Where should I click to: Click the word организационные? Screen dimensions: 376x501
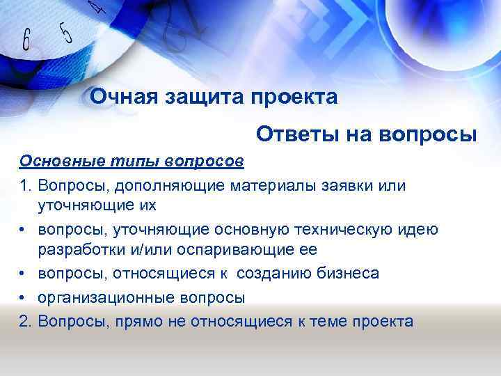106,298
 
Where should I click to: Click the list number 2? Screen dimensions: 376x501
25,321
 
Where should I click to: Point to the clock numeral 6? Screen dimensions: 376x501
27,40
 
